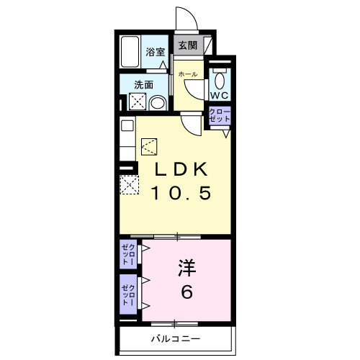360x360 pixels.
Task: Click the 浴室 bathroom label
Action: [x=156, y=52]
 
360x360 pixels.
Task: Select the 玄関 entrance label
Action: [x=187, y=45]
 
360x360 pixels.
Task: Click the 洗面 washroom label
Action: [x=144, y=84]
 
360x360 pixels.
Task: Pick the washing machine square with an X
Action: [x=138, y=102]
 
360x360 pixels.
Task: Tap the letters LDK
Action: [x=181, y=170]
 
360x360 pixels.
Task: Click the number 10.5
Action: [x=181, y=193]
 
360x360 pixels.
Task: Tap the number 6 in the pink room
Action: [x=186, y=294]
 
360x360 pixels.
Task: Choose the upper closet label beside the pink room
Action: [x=127, y=254]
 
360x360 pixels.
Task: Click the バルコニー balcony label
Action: [x=176, y=338]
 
